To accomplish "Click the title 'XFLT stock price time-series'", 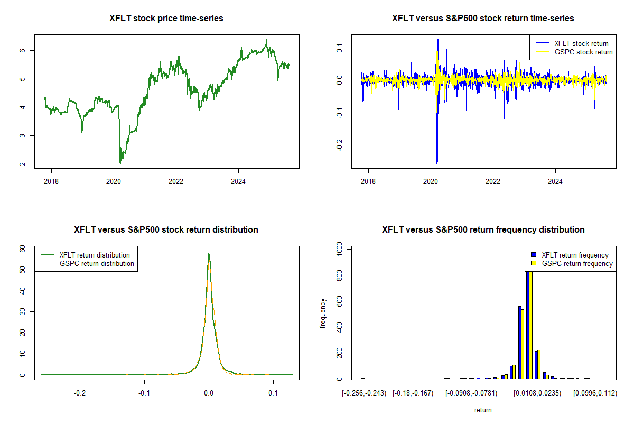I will (166, 19).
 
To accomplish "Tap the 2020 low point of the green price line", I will (120, 163).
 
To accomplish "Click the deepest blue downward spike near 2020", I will (437, 163).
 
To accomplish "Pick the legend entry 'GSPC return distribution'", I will (97, 263).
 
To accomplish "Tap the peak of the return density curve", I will (209, 254).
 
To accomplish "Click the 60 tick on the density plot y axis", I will (23, 249).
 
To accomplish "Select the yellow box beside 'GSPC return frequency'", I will (534, 263).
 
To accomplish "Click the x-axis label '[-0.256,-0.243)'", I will (364, 393).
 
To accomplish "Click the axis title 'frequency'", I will (323, 313).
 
